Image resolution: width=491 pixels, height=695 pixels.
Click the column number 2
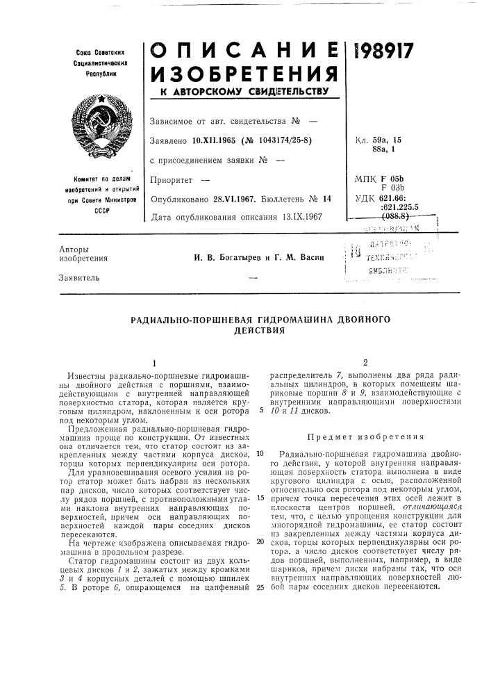pos(365,363)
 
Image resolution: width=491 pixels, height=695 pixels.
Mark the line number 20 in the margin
pos(260,540)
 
